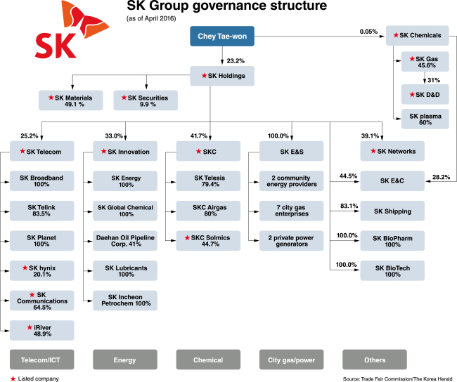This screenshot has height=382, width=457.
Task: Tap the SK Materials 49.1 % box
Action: tap(70, 100)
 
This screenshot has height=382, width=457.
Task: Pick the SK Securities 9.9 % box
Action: tap(145, 100)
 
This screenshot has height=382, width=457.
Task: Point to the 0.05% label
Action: tap(368, 32)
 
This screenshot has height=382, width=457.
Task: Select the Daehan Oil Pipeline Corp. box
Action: tap(126, 239)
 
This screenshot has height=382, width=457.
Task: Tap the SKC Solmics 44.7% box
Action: tap(209, 239)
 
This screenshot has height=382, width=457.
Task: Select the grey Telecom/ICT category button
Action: tap(43, 360)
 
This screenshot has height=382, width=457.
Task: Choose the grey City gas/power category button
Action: tap(291, 360)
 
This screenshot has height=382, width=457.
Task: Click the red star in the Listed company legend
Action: tap(5, 378)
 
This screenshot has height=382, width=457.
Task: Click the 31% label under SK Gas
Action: tap(433, 80)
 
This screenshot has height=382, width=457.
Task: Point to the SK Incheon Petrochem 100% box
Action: tap(126, 301)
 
